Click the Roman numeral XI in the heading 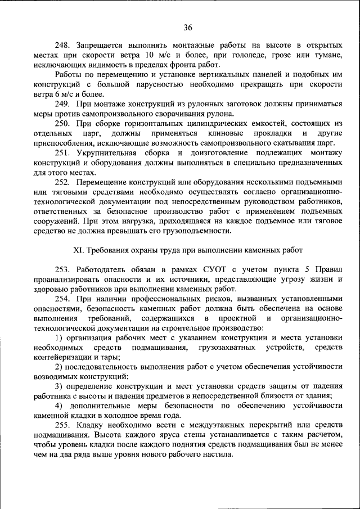tap(79, 250)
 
